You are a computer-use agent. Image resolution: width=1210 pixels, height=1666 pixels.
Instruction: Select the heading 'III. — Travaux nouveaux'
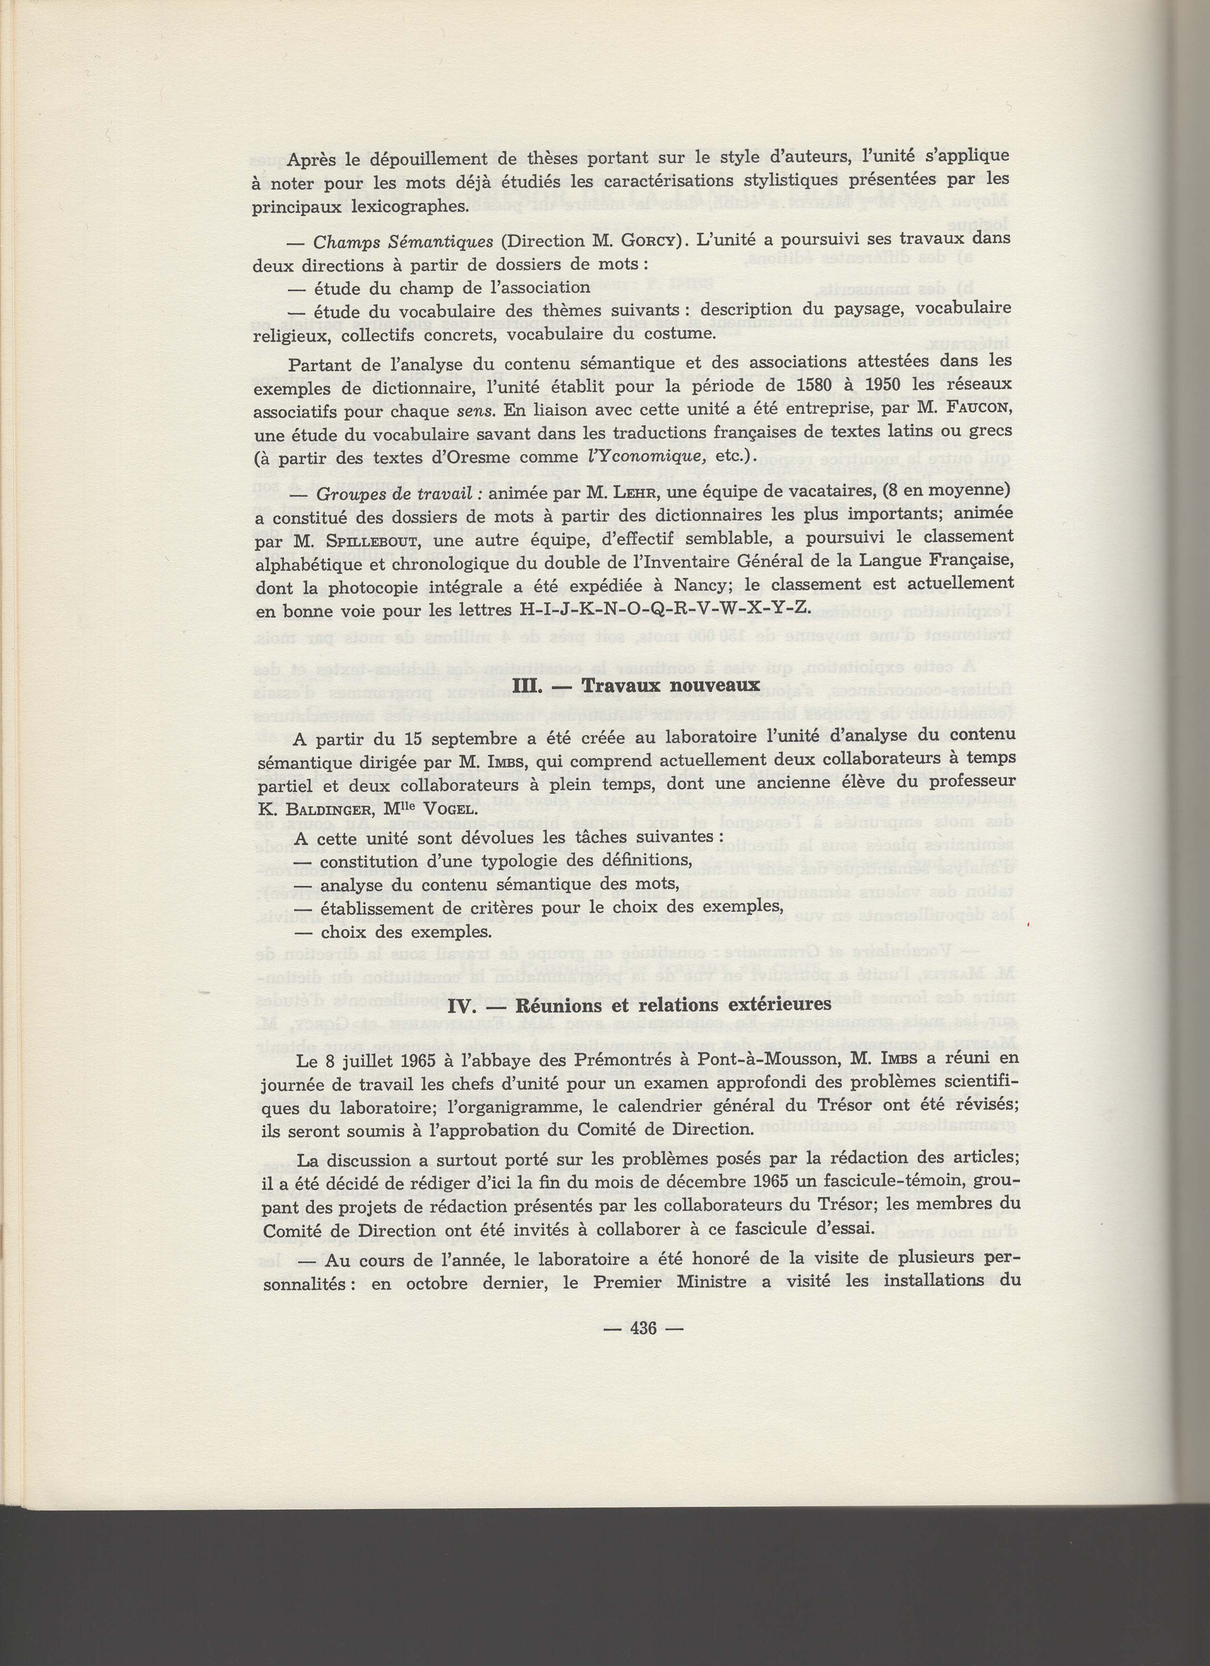(635, 685)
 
